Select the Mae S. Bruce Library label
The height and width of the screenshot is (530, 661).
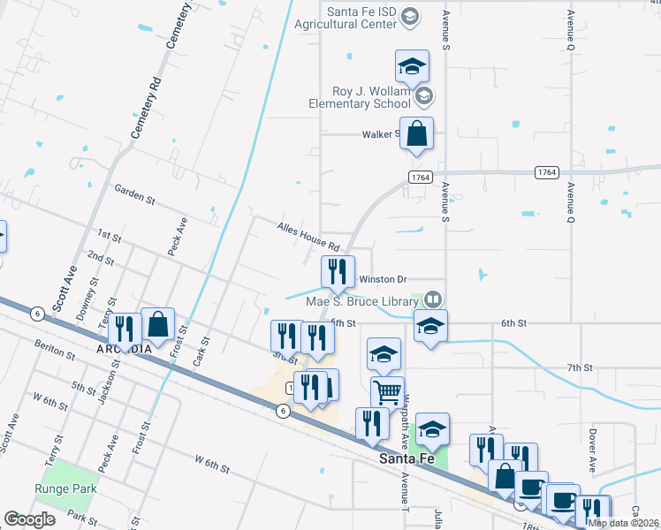363,301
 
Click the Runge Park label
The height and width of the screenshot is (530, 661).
66,488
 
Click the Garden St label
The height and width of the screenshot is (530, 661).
134,194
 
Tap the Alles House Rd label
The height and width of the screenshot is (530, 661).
308,236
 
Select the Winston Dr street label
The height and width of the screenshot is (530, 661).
382,279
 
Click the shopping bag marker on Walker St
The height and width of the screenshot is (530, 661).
417,134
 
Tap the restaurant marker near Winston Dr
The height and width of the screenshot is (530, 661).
337,272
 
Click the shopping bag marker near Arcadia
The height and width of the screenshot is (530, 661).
158,324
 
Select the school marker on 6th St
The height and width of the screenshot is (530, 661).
430,325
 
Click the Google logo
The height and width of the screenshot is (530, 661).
30,519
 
